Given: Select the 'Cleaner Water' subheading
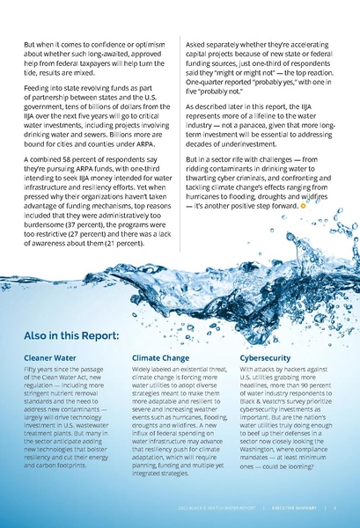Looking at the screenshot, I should click(52, 358).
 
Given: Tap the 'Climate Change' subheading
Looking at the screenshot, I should click(160, 358).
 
